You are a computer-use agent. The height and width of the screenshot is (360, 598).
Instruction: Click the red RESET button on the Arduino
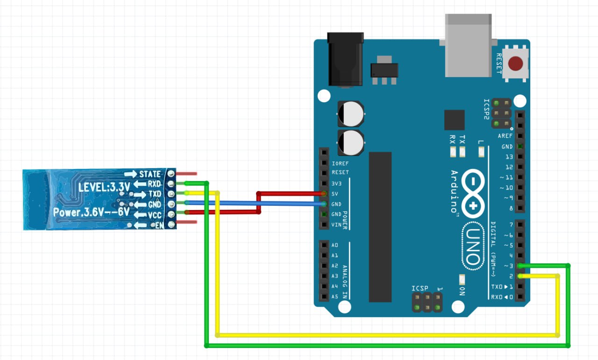click(x=516, y=64)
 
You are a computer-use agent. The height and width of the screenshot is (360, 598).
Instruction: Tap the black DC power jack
click(x=345, y=59)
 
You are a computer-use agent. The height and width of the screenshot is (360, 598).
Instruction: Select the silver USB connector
click(x=469, y=45)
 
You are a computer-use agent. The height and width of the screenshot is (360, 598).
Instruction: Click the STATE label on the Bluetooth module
click(x=149, y=174)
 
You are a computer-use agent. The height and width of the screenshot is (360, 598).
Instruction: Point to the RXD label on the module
click(x=154, y=184)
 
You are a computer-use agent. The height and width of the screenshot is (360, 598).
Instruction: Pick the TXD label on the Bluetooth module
click(x=155, y=194)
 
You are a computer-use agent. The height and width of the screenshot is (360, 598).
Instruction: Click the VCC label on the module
click(x=155, y=215)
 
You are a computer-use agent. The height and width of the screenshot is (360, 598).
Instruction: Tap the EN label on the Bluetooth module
click(x=159, y=226)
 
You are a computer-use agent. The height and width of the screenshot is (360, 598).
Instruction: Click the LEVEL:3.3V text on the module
click(x=104, y=187)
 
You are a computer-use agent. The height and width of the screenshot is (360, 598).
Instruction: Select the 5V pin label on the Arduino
click(x=335, y=193)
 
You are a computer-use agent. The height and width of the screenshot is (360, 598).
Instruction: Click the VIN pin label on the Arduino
click(x=336, y=225)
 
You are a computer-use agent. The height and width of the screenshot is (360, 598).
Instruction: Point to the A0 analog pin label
click(x=335, y=245)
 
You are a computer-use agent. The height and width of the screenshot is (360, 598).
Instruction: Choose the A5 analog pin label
click(x=335, y=296)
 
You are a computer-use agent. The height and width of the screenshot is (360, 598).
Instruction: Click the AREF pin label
click(x=505, y=136)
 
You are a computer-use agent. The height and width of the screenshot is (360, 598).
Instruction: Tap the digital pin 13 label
click(x=508, y=157)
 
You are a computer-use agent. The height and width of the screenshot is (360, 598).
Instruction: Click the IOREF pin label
click(x=340, y=163)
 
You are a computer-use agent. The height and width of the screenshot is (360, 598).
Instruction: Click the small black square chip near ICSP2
click(x=454, y=120)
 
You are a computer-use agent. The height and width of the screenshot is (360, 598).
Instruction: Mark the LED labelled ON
click(x=462, y=280)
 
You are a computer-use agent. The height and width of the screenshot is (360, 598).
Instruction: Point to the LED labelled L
click(x=481, y=151)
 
